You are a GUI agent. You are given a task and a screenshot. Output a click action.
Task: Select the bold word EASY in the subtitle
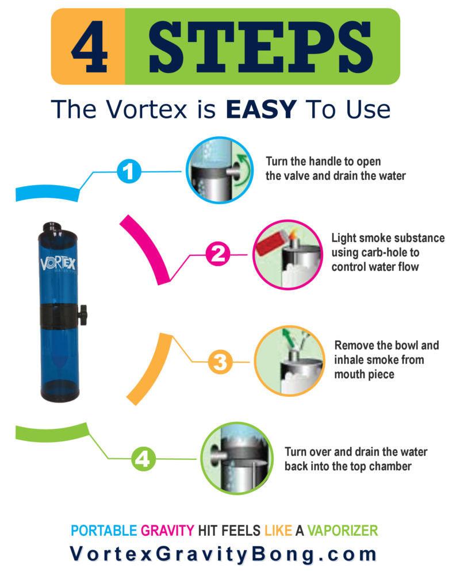[261, 109]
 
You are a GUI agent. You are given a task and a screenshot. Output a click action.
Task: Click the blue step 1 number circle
[131, 171]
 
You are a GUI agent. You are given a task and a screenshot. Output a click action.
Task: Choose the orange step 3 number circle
[220, 362]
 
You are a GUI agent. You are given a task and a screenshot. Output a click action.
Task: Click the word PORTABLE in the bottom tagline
[103, 530]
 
